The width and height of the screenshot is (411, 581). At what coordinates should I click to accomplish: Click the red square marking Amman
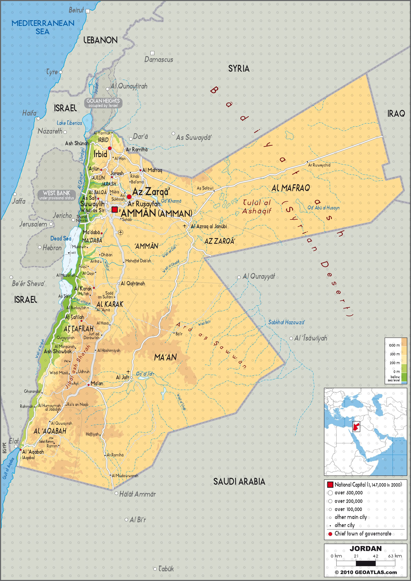tap(115, 210)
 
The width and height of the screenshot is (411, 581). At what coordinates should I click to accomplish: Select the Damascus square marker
tap(152, 53)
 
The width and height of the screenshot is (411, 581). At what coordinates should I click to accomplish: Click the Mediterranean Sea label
tap(43, 27)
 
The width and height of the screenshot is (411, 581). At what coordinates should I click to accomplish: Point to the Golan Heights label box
tap(103, 103)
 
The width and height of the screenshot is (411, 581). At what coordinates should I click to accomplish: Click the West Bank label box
tap(57, 195)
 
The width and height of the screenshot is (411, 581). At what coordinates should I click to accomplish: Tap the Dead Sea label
tap(61, 238)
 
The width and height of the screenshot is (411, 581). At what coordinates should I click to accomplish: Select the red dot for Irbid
tap(110, 148)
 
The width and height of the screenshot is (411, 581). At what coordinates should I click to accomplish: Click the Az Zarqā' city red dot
tap(129, 197)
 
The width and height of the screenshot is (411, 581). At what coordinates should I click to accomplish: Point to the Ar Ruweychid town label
tap(319, 165)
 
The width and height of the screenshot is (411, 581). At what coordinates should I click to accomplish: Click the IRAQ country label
tap(396, 114)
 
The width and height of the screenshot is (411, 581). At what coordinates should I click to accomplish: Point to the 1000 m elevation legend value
tap(394, 345)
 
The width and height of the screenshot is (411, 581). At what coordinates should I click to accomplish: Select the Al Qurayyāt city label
tap(259, 276)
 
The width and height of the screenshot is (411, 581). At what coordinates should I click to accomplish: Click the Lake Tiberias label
tap(69, 123)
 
